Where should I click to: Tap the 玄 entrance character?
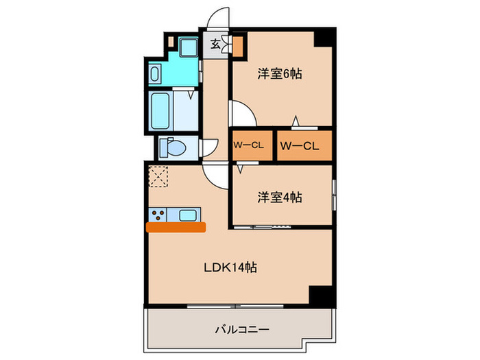click(215, 45)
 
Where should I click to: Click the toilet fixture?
click(172, 147)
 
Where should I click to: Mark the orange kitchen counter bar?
click(176, 227)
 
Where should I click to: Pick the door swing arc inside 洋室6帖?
click(243, 114)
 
